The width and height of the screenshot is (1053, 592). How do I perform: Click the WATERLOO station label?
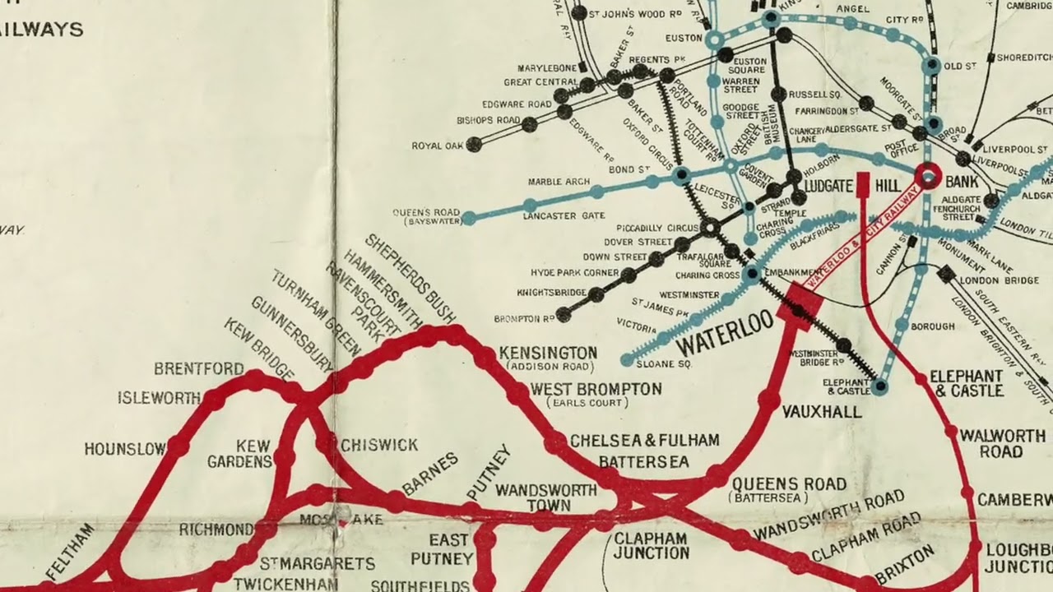pos(725,333)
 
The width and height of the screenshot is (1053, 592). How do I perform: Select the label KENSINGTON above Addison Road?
pos(548,353)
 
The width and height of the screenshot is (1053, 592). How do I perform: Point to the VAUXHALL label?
pos(822,412)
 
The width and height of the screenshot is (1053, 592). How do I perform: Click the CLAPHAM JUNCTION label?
pos(651,545)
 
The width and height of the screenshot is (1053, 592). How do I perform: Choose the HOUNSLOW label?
pos(124,449)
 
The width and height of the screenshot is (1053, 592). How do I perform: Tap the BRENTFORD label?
pos(198,368)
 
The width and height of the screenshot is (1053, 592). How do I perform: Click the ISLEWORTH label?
pos(158,398)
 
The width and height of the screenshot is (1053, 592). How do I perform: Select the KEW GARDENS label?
pos(239,454)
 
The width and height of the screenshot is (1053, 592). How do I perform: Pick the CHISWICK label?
pos(379,445)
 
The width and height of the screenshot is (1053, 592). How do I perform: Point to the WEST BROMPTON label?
pos(596,389)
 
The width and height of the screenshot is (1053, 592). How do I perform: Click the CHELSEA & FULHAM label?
pos(644,441)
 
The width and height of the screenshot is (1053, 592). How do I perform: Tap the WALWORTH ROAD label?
pos(1001,443)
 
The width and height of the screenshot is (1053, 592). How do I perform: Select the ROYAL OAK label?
pos(438,146)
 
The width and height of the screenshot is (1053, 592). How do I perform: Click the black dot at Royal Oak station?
pos(474,145)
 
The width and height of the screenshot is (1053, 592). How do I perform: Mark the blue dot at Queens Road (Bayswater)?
pos(469,218)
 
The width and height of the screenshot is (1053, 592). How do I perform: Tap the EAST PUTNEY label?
pos(449,549)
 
